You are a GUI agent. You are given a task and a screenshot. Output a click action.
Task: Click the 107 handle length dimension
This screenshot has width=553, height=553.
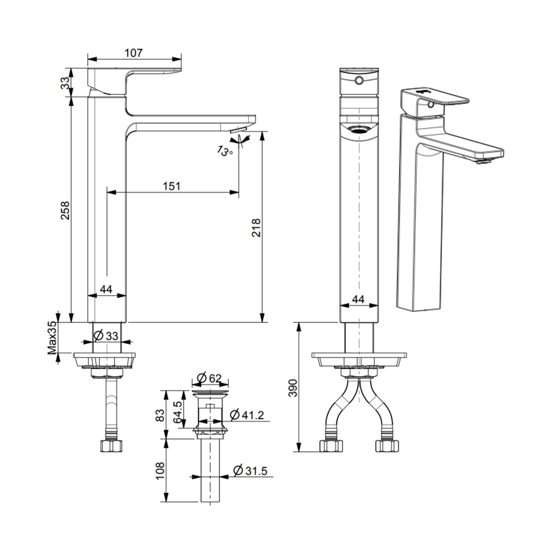134,53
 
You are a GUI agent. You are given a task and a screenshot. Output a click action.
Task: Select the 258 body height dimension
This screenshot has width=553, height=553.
65,210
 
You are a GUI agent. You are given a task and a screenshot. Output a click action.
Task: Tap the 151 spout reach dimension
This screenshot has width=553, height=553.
171,186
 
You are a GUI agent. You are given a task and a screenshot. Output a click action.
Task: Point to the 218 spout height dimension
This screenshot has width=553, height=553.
256,227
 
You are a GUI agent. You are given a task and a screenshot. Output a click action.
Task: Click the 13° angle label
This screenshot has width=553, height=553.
225,151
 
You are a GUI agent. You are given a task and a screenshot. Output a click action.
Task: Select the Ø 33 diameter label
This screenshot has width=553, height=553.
106,336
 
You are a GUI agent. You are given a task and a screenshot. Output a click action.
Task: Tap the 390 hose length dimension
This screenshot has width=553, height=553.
293,388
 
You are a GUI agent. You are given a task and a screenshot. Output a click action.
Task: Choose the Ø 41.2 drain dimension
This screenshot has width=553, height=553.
247,414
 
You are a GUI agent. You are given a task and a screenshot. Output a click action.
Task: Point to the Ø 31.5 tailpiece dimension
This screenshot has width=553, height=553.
250,470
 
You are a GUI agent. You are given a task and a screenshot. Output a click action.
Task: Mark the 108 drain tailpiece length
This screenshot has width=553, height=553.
160,471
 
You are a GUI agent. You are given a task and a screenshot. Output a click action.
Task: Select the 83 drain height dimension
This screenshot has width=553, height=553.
160,415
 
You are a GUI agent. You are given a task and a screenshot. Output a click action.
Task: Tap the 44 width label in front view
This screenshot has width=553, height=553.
358,299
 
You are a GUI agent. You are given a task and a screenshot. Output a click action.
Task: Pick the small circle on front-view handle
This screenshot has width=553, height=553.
359,80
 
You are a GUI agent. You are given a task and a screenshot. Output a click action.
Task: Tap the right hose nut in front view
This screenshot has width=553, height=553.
387,445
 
